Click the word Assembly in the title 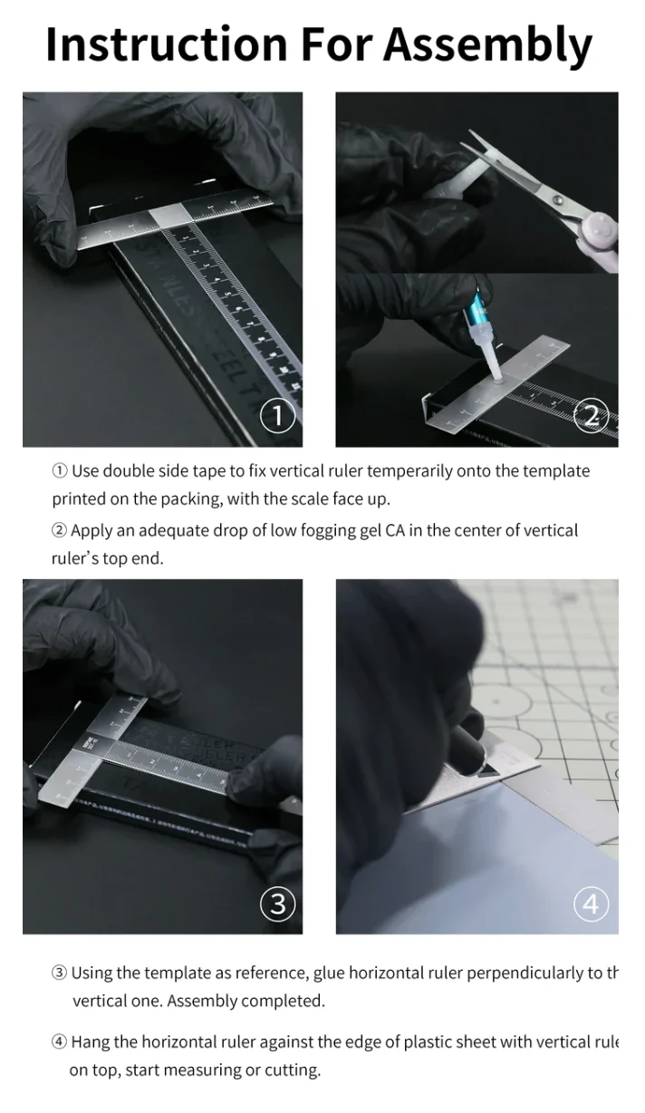click(x=488, y=44)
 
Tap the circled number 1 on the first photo click(x=277, y=417)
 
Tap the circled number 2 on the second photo click(x=592, y=417)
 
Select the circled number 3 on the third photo click(x=277, y=904)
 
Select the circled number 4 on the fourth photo click(x=592, y=904)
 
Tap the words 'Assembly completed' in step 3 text click(x=245, y=1002)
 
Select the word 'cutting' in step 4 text click(x=292, y=1070)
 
